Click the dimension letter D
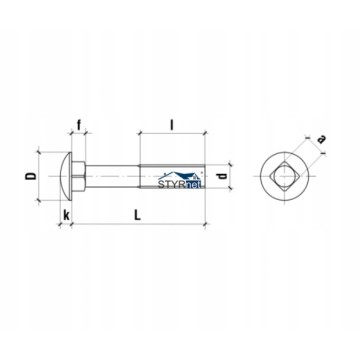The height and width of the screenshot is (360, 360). click(30, 176)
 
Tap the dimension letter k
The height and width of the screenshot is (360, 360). click(66, 216)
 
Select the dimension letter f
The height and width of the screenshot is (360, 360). click(79, 125)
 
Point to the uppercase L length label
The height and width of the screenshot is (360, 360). click(137, 215)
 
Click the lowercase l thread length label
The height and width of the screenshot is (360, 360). click(171, 125)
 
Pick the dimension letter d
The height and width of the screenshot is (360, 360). click(223, 176)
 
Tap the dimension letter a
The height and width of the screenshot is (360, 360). click(321, 139)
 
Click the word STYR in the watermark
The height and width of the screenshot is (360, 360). click(171, 184)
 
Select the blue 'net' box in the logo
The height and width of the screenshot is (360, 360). click(194, 184)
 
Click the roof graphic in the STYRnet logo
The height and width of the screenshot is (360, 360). click(182, 176)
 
